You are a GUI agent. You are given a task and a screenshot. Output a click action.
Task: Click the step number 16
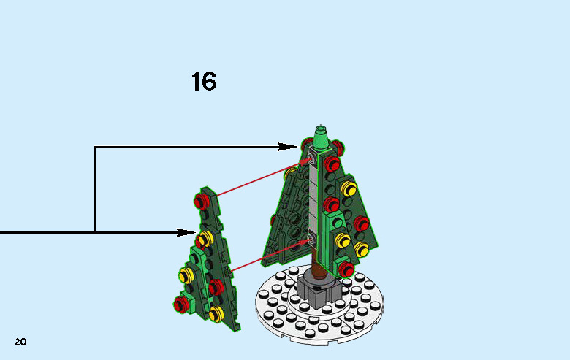coord(204,81)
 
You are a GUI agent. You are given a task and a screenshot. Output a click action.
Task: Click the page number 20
coord(20,342)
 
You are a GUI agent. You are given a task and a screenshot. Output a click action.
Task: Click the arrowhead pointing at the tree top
coord(290,147)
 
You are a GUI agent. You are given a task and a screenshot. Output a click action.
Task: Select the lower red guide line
coord(269,253)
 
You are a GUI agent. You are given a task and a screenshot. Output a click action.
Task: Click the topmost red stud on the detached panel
coord(202,199)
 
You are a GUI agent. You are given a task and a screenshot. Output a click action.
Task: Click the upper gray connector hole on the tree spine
coord(312,158)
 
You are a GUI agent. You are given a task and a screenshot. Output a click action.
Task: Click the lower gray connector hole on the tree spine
coord(312,239)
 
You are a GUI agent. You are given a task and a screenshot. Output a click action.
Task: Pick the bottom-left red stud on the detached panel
coord(179,302)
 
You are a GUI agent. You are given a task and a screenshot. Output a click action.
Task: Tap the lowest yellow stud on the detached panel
coord(215,314)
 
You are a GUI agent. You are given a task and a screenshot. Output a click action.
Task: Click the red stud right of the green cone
coord(332,162)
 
